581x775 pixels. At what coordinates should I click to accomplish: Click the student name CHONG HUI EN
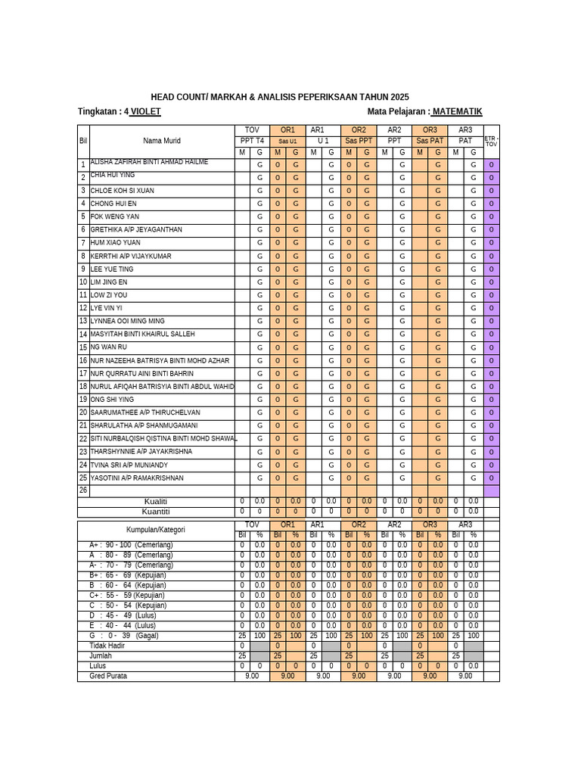[113, 204]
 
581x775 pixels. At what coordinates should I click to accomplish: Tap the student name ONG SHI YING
[112, 400]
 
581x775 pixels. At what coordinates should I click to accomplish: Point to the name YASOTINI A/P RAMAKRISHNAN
[137, 478]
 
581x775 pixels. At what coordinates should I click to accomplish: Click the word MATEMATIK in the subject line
[457, 112]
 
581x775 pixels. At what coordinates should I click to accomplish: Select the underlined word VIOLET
[145, 112]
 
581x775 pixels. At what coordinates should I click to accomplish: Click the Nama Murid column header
[162, 141]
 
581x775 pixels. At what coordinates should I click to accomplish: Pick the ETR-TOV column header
[491, 142]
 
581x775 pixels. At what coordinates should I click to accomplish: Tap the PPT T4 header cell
[252, 141]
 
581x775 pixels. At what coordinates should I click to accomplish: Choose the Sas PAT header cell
[430, 141]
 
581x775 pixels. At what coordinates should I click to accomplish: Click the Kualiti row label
[155, 501]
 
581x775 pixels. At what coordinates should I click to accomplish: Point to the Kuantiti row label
[155, 512]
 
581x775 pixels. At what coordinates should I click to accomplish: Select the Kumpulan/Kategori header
[155, 530]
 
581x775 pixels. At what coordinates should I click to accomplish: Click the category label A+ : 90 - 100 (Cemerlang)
[131, 545]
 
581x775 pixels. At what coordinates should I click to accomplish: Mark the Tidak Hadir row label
[107, 646]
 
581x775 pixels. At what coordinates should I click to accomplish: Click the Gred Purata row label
[108, 676]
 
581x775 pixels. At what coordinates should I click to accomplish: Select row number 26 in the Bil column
[83, 490]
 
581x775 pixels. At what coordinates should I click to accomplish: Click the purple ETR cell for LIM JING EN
[491, 282]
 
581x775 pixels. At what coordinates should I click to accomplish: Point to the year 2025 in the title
[399, 97]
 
